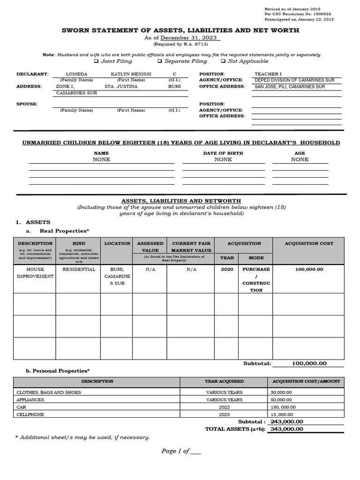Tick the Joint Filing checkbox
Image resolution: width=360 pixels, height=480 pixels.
[96, 61]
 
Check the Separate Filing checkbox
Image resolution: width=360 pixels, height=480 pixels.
[159, 61]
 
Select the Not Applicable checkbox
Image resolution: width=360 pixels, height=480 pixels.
[223, 61]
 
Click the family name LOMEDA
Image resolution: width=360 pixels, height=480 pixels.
[76, 74]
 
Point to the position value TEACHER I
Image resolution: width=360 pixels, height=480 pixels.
[268, 74]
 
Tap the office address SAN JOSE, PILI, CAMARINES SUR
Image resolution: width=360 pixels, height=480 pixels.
[289, 87]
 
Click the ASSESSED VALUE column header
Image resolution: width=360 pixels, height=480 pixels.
[150, 247]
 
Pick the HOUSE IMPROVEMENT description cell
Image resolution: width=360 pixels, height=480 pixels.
[35, 273]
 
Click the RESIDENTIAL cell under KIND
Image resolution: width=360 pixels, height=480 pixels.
[78, 270]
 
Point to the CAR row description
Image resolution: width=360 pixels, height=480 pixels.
[21, 407]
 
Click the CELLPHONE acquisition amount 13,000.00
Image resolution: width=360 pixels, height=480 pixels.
[281, 415]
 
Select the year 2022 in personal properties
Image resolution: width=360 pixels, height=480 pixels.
[224, 407]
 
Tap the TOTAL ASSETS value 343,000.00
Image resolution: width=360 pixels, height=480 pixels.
[287, 429]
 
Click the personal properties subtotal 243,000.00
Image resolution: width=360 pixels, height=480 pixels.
[287, 422]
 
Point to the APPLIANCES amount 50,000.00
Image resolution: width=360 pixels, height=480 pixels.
[281, 400]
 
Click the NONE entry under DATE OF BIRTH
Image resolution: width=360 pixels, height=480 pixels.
[223, 159]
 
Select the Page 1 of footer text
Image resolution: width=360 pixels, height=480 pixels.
[181, 451]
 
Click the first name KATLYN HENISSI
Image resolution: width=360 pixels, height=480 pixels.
[127, 74]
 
